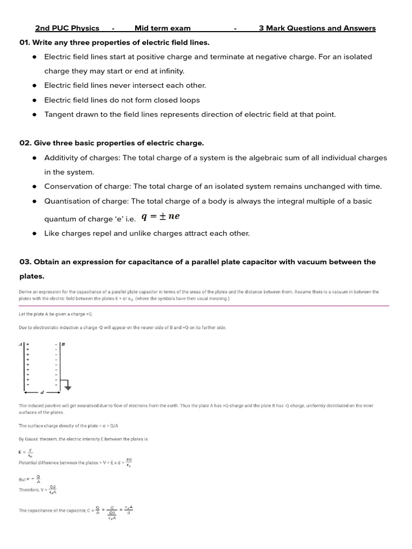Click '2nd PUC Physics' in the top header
(67, 28)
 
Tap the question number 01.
(25, 42)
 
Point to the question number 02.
(25, 143)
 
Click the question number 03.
(25, 262)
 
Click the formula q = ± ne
(160, 217)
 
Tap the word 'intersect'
(139, 85)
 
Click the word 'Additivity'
(62, 158)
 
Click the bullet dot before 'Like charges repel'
(34, 234)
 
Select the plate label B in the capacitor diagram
(63, 345)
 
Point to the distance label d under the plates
(42, 392)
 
